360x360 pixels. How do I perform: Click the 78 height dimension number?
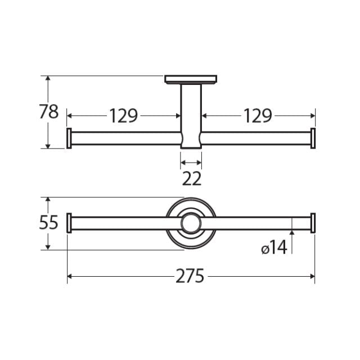(x=49, y=112)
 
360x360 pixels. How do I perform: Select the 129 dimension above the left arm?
(x=123, y=116)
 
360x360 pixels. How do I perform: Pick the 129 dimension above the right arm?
(x=258, y=116)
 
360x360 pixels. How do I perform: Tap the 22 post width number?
(x=191, y=179)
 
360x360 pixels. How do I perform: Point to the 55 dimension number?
(x=49, y=223)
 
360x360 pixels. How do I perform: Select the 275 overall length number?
(x=190, y=276)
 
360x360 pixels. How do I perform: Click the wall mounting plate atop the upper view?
(x=191, y=79)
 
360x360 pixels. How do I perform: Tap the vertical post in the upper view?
(x=191, y=112)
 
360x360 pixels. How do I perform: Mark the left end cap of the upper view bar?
(x=69, y=138)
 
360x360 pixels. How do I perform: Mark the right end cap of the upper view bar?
(x=313, y=138)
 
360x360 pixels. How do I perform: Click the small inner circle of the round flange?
(x=191, y=223)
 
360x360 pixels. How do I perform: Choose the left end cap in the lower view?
(x=69, y=223)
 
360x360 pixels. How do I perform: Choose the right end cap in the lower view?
(x=313, y=223)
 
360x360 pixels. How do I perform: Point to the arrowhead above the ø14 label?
(x=292, y=233)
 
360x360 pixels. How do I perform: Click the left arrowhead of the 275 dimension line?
(x=70, y=276)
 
